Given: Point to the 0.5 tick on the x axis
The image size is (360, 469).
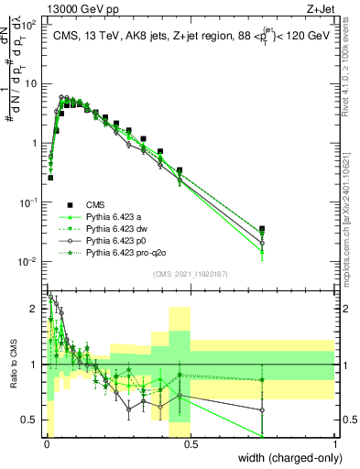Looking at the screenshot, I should [x=190, y=446].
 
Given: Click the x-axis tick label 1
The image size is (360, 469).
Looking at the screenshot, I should [x=335, y=446].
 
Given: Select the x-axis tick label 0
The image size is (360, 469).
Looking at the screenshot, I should [x=46, y=446].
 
